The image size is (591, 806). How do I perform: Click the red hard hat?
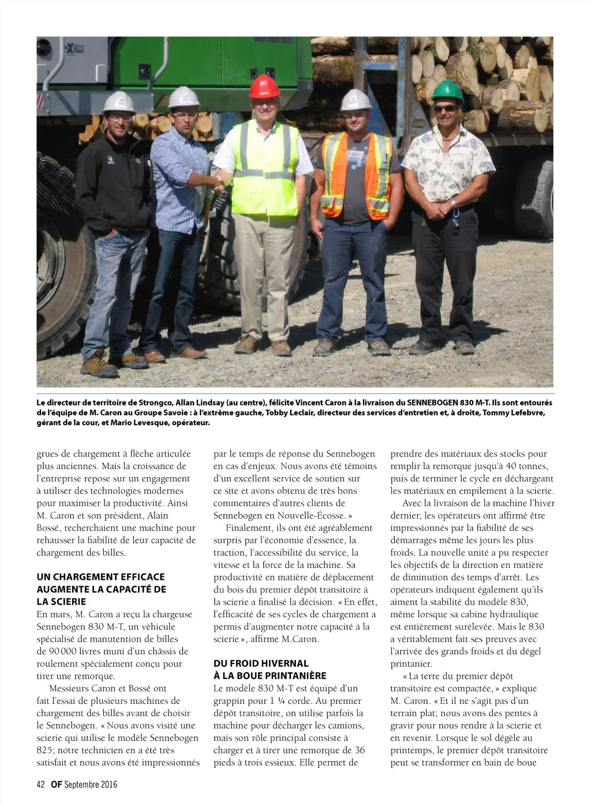264,87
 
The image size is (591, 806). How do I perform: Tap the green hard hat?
448,91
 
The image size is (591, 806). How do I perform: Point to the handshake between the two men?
218,185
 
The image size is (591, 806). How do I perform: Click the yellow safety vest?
264,167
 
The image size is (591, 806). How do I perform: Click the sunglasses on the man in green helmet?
446,108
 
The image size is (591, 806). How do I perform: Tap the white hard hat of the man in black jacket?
119,102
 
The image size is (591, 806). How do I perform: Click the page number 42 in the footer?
41,784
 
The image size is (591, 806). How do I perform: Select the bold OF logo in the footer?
56,784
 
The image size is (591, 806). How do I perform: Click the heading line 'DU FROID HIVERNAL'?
261,663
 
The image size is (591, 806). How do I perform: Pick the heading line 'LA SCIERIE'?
61,601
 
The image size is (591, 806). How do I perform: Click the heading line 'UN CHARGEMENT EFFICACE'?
101,577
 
